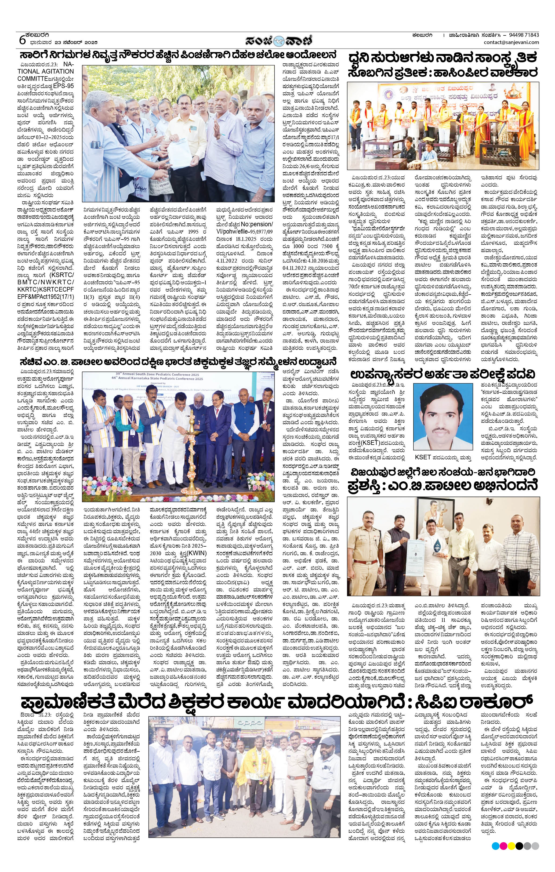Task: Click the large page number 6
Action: tap(22, 39)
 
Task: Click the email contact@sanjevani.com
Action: tap(511, 42)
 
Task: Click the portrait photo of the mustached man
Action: tap(443, 416)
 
